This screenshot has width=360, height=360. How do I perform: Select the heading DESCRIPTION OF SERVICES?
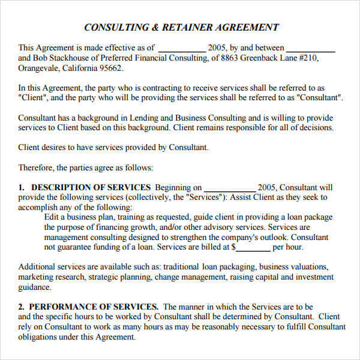(x=91, y=188)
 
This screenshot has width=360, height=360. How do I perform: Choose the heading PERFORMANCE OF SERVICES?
(x=95, y=307)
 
